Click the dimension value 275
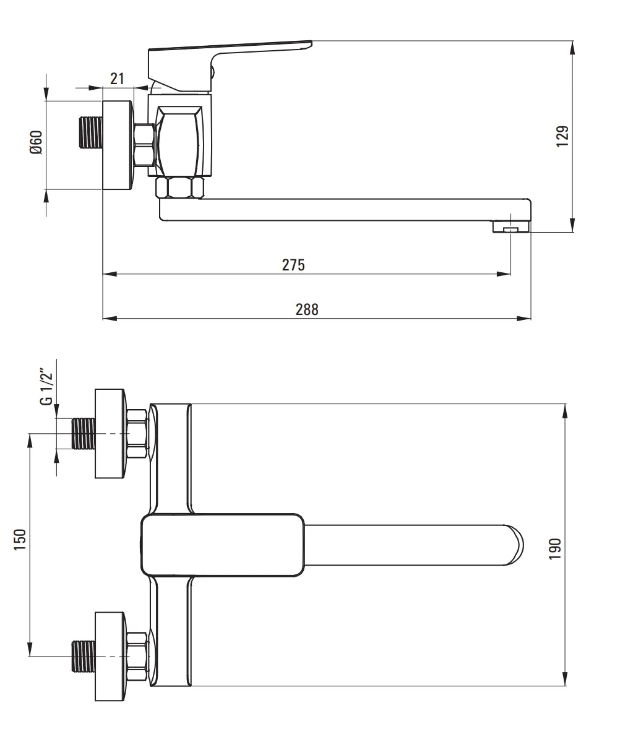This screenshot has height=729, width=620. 293,264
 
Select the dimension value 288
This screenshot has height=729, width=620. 307,309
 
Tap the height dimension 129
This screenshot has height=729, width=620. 562,136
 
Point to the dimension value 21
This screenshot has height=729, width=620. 117,78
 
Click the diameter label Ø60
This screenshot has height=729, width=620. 37,142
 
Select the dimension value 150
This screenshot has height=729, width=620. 20,540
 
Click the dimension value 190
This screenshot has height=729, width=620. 555,549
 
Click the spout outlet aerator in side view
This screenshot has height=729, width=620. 511,226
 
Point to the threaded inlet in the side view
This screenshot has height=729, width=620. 90,133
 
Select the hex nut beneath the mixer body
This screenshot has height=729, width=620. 180,188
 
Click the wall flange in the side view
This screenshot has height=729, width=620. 118,145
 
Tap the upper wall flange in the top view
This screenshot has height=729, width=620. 111,433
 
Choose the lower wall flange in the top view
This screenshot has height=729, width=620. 111,656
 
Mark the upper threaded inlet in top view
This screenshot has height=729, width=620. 84,433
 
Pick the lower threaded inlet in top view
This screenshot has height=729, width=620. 84,656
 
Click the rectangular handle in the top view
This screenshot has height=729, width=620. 223,545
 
